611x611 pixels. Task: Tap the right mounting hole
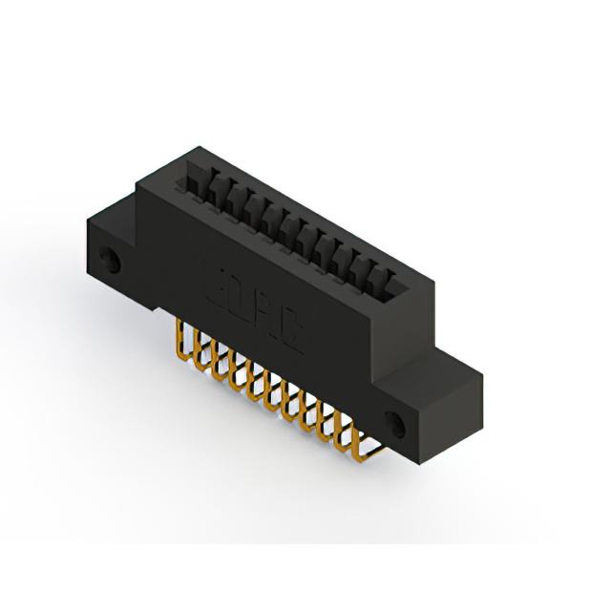click(x=394, y=419)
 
